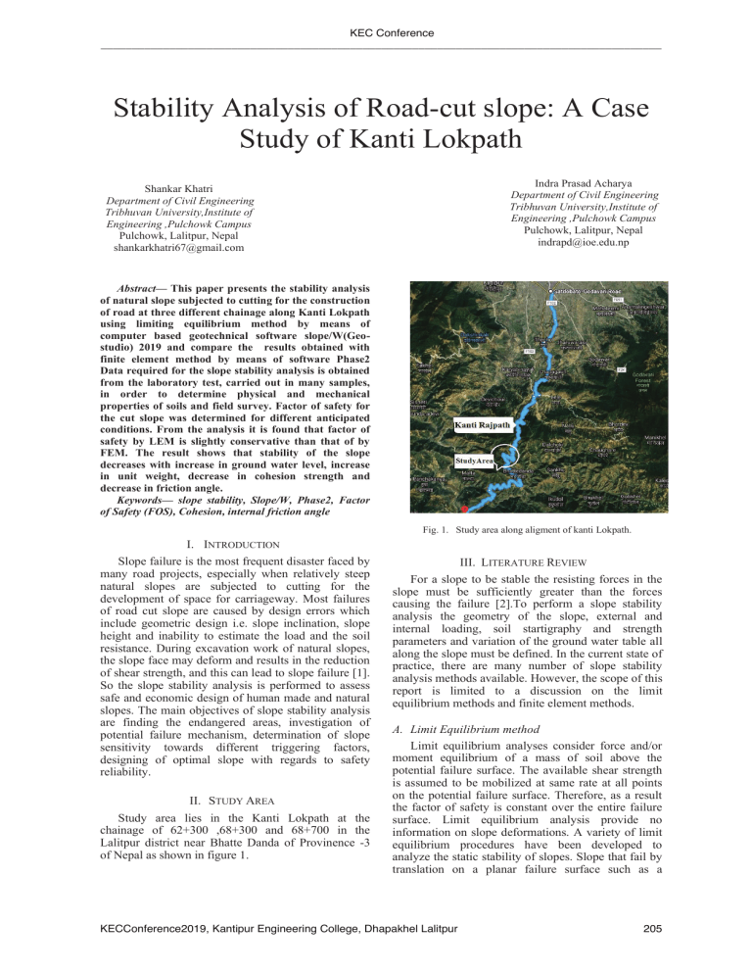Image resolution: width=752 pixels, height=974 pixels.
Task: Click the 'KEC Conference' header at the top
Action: pos(376,33)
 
